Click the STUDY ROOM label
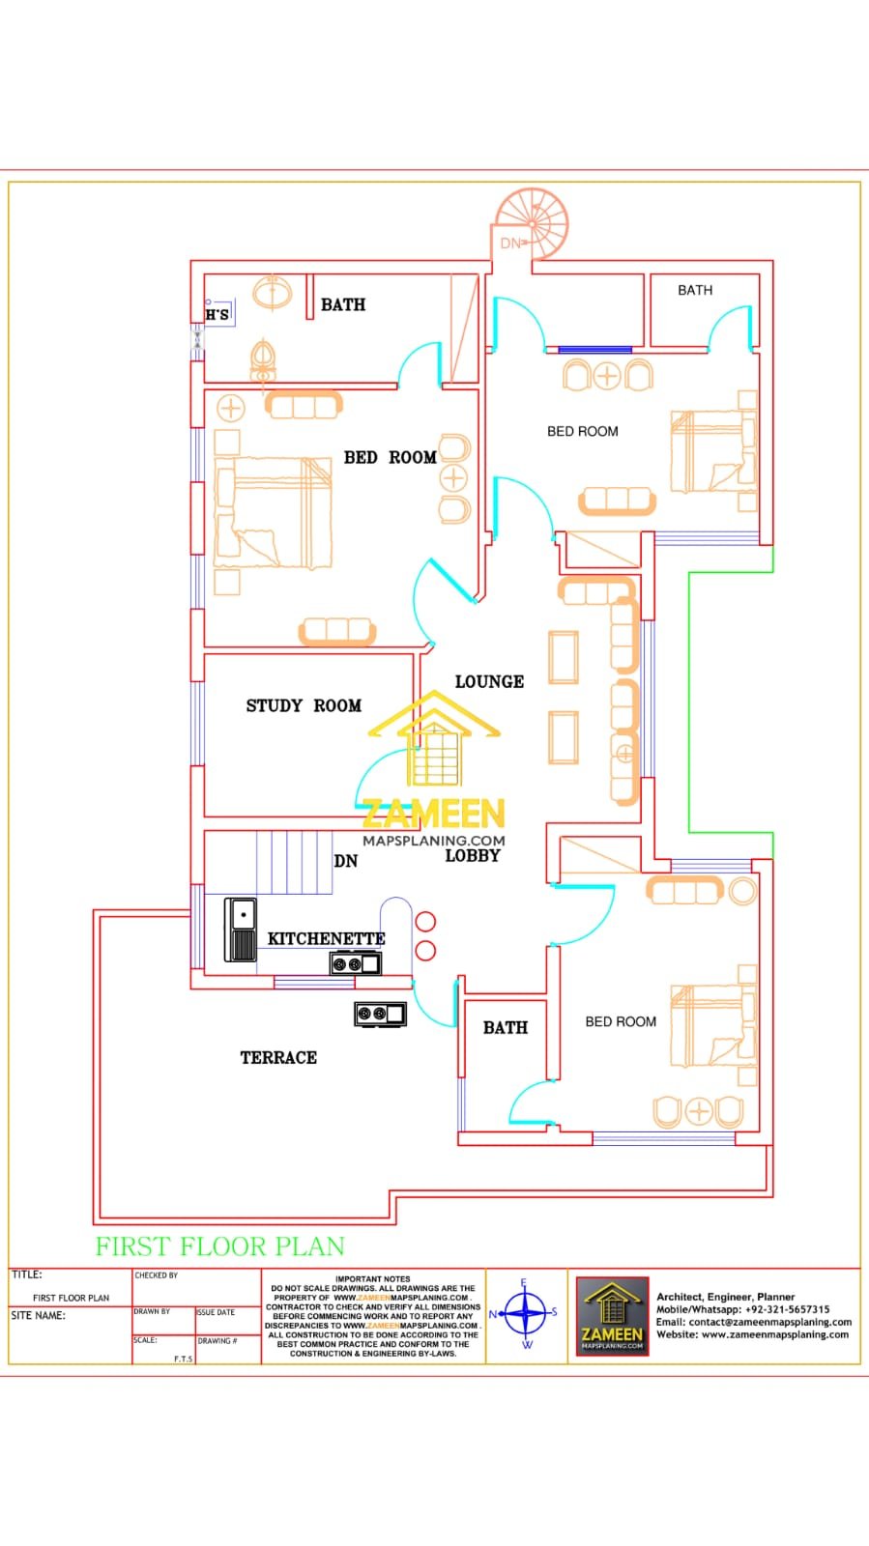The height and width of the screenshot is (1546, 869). coord(304,706)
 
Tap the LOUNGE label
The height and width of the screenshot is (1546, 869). coord(489,682)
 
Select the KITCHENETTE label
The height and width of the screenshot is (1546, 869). coord(326,939)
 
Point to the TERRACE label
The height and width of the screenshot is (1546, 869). coord(278,1058)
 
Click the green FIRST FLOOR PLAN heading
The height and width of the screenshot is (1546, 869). coord(219,1246)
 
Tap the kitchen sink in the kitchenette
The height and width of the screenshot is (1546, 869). coord(241,930)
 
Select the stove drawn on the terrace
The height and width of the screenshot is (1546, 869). coord(380,1014)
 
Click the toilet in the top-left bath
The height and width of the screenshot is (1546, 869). coord(262,360)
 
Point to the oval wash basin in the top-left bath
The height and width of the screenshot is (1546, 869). coord(274,292)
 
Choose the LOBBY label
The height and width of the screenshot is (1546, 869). coord(472,856)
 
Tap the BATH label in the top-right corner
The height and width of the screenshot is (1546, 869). coord(695,290)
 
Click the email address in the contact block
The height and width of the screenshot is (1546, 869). coord(754,1322)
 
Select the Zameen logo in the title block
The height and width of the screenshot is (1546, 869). coord(612,1315)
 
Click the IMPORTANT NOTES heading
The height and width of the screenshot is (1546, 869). coord(373,1278)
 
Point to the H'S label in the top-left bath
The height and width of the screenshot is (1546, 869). coord(217,315)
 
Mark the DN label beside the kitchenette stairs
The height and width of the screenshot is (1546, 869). coord(345,861)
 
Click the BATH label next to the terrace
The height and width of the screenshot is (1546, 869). coord(506,1028)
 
